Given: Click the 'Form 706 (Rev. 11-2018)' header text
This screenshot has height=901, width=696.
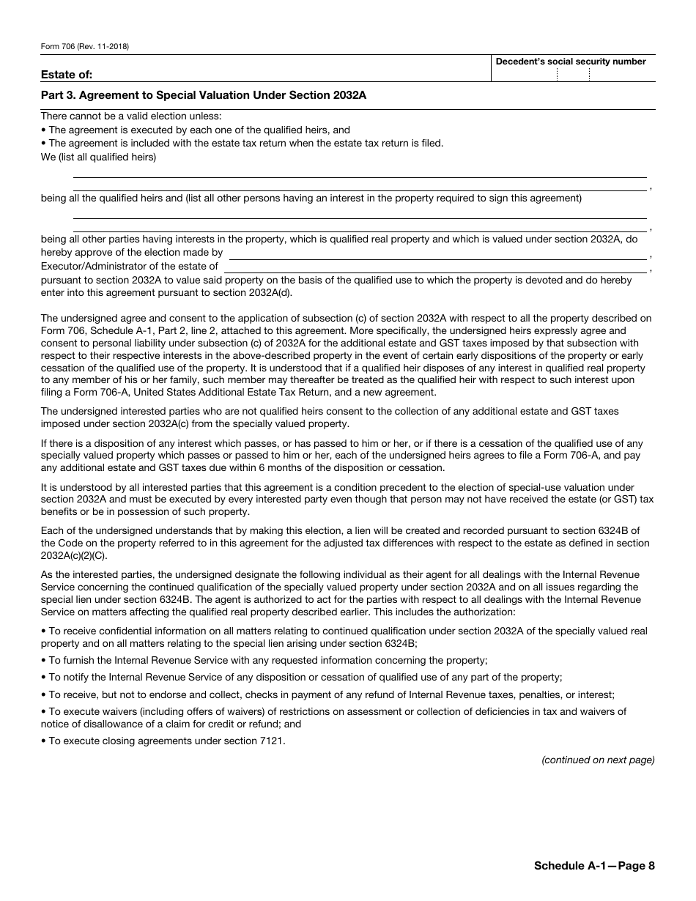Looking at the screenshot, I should (85, 47).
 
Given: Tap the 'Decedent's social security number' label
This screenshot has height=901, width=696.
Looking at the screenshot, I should (571, 62).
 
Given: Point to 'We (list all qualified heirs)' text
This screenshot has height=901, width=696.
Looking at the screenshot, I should (98, 157).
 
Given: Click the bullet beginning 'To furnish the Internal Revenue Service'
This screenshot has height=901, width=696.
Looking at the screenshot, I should (267, 660).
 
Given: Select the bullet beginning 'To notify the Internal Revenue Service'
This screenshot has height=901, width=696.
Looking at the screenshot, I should (305, 678).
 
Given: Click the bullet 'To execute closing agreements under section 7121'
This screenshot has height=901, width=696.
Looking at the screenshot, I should (166, 741).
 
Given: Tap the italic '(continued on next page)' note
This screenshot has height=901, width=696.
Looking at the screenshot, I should (598, 760).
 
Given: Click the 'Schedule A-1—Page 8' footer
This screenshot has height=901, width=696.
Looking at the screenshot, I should (594, 866).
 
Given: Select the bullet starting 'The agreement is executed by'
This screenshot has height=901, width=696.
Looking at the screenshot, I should (199, 130).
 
